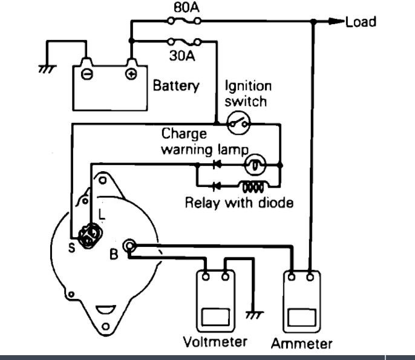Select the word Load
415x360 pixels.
tap(361, 22)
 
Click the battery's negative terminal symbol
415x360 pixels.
tap(87, 75)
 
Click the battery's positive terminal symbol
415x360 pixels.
tap(131, 75)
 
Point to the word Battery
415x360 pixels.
tap(175, 86)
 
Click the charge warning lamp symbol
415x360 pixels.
tap(255, 163)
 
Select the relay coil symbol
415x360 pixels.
tap(251, 185)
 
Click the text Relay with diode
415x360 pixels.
tap(239, 203)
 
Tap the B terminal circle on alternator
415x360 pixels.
tap(129, 245)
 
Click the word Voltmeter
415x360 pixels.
tap(215, 341)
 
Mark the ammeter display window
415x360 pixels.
tap(302, 317)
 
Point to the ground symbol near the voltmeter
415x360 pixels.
tap(255, 315)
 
